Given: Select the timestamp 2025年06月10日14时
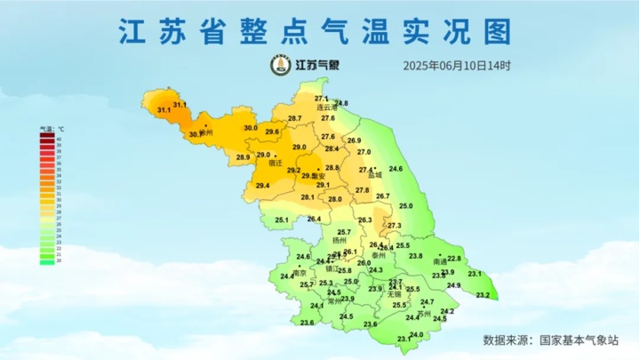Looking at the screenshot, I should [457, 66].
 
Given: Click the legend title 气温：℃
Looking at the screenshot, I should [52, 130].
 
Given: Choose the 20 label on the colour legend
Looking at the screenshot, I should [59, 260].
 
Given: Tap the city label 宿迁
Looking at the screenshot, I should [275, 163].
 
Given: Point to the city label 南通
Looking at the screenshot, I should [440, 262].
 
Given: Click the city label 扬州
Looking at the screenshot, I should [338, 240].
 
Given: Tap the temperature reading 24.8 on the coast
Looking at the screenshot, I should [341, 103].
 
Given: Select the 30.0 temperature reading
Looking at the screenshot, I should [251, 128].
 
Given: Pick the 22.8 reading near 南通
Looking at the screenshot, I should [454, 259].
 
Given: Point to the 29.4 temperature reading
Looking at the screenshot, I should [262, 185].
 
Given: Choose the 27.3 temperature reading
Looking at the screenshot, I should [395, 225].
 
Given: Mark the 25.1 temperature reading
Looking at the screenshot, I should [282, 220].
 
